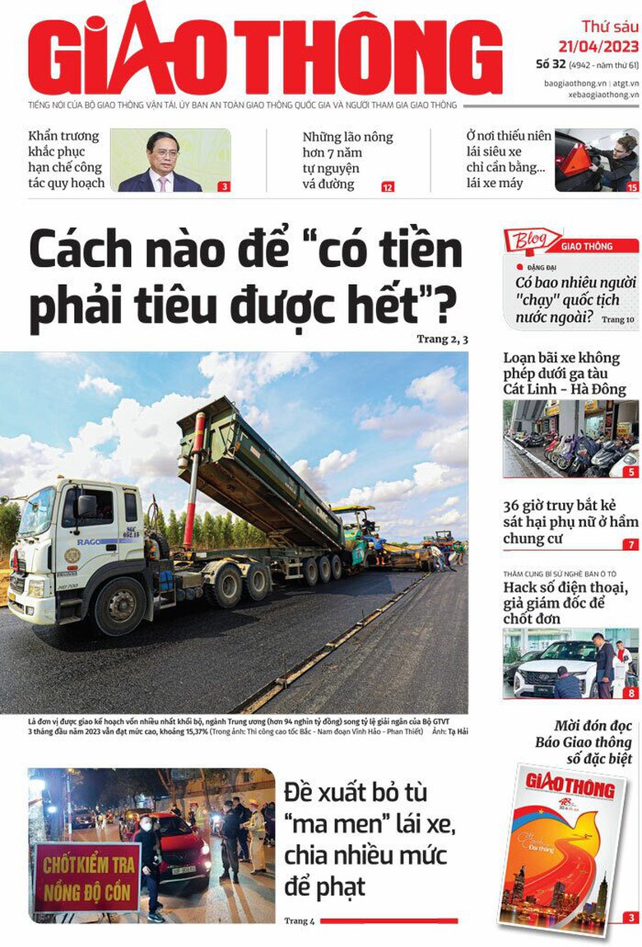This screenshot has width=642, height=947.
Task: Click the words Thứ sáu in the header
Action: pos(609,26)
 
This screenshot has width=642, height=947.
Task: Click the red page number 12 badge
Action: pos(388,187)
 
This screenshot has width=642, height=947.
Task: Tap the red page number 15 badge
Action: pos(632,187)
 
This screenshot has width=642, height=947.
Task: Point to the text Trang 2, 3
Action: pos(442,338)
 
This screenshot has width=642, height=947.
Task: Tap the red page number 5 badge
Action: pos(631,472)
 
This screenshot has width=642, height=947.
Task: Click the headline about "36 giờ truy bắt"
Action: pos(570,522)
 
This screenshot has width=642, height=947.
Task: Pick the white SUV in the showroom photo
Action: pos(554,668)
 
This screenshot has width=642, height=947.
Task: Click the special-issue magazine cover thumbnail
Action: pos(562,848)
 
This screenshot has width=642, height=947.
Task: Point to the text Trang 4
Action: pos(300,921)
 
